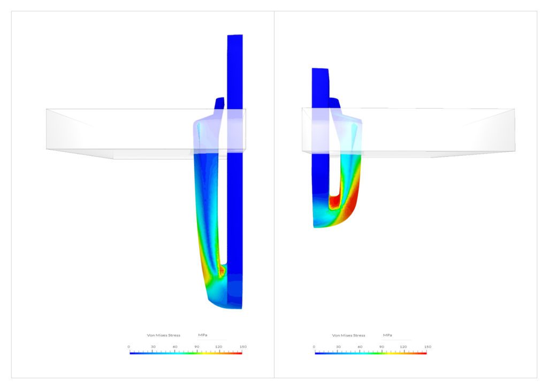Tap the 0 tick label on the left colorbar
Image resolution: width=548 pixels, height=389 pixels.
click(x=129, y=347)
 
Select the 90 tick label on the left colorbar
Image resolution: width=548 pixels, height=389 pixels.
click(x=197, y=347)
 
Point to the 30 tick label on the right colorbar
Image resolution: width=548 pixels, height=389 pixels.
click(x=338, y=347)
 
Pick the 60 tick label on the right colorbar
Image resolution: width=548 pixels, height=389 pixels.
click(x=360, y=347)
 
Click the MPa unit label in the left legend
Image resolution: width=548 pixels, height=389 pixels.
click(x=203, y=335)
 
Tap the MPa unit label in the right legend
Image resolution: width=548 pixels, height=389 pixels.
click(x=387, y=335)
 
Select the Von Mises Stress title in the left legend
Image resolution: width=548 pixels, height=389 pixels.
click(x=164, y=335)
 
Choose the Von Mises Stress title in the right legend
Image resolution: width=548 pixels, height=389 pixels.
click(x=348, y=335)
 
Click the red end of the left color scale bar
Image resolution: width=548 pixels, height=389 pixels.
click(x=240, y=353)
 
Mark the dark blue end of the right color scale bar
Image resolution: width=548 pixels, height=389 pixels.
click(x=317, y=353)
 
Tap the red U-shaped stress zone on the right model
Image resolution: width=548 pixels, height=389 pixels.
click(x=335, y=201)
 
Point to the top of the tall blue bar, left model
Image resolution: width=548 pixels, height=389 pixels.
click(x=235, y=37)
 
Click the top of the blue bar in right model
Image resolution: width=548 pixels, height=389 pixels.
click(x=319, y=70)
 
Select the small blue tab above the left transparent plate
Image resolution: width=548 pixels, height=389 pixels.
click(x=219, y=103)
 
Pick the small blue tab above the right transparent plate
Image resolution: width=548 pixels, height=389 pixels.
click(x=333, y=103)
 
